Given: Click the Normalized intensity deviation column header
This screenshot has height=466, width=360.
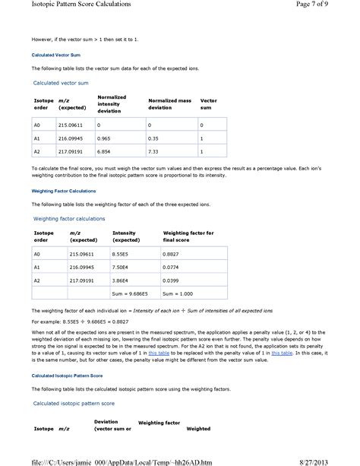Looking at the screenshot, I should [112, 104].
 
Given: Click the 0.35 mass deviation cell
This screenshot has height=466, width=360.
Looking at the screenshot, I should [153, 139].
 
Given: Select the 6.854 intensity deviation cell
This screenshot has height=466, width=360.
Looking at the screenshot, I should [105, 153].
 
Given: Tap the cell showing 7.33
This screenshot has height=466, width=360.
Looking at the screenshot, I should [153, 153].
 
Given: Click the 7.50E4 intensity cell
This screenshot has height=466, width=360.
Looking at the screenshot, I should [121, 267].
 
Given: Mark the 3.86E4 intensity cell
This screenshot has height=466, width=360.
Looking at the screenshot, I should [121, 280].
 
